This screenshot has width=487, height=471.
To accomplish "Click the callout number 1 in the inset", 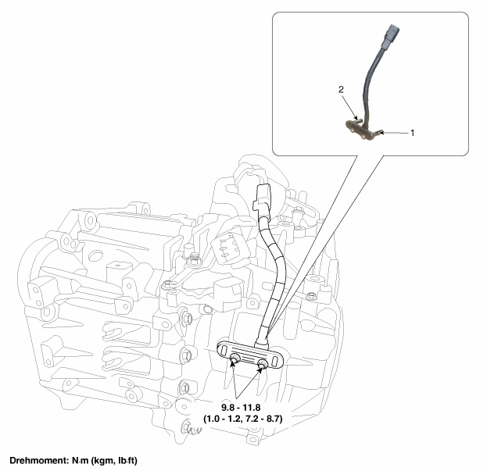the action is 412,133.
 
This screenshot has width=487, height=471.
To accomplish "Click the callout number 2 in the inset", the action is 341,89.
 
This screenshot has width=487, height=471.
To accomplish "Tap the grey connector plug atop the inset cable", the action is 391,37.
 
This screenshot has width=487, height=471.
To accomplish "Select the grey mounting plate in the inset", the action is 363,130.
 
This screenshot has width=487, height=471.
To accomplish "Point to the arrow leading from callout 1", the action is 395,133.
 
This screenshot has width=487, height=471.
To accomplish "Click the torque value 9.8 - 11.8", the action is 241,407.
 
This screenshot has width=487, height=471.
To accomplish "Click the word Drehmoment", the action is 38,460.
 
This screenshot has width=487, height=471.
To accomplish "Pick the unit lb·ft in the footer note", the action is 127,460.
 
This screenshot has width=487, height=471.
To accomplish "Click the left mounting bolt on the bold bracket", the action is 235,359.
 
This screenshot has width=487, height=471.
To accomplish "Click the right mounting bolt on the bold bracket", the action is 262,363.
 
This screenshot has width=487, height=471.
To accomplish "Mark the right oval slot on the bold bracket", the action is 274,361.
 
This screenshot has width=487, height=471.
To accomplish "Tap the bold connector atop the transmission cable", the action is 263,198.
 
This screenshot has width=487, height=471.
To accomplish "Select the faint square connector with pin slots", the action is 229,248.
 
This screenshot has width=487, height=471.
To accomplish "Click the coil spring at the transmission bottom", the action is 195,430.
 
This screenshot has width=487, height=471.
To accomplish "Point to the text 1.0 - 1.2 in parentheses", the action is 224,419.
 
